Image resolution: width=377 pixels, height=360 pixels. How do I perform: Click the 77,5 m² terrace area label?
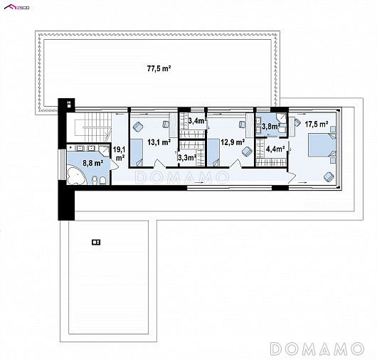click(x=159, y=69)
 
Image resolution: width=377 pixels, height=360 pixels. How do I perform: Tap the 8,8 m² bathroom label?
click(x=93, y=163)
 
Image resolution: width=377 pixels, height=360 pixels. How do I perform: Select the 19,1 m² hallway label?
click(x=119, y=154)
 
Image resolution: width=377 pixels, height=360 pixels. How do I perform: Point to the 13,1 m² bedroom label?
click(x=159, y=142)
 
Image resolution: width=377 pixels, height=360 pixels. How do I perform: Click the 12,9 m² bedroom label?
click(x=233, y=142)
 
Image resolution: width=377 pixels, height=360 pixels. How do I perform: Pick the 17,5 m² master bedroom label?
click(x=317, y=124)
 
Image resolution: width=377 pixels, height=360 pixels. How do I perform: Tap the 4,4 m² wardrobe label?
click(x=275, y=149)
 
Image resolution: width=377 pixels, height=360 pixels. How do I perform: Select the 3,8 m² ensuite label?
click(x=271, y=126)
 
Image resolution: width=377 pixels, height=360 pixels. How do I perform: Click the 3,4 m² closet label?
click(x=198, y=120)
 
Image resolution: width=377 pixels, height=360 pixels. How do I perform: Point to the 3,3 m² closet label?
click(x=187, y=157)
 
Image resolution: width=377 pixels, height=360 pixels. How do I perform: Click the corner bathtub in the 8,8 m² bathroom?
click(x=76, y=175)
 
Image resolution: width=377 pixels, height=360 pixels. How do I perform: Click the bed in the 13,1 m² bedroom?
click(x=137, y=152)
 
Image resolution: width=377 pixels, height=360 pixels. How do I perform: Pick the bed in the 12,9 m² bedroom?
click(x=213, y=152)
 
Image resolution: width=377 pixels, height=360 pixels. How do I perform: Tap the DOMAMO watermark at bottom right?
click(x=317, y=349)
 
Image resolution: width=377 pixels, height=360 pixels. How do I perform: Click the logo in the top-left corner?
click(x=17, y=7)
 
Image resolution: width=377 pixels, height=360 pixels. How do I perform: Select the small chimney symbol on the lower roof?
click(x=96, y=242)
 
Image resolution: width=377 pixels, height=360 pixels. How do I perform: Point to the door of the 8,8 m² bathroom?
click(x=114, y=165)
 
